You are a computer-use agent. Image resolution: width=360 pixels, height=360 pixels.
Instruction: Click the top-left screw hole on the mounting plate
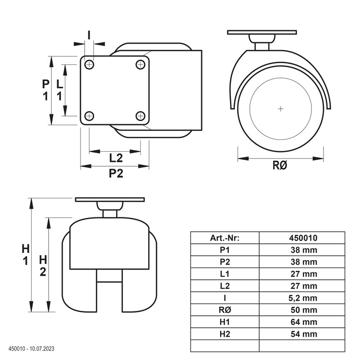coord(89,65)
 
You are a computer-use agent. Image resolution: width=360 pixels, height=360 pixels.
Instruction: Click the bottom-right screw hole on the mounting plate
coord(140,116)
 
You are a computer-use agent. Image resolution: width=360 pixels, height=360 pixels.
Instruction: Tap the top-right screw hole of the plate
coord(140,65)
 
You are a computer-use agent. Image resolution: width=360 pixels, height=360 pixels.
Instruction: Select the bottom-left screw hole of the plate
coord(89,116)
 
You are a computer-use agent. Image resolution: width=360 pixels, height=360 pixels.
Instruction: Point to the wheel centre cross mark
coord(280,108)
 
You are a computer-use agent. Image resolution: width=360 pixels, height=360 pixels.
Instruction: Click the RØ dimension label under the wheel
coord(280,165)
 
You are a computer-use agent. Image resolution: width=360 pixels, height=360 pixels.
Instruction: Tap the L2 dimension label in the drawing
coord(116,158)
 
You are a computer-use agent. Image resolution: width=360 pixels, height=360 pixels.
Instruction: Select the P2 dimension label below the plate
coord(116,173)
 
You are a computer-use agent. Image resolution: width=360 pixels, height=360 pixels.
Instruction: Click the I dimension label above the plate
coord(89,35)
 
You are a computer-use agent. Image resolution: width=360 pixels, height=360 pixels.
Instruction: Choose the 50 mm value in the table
coord(304,310)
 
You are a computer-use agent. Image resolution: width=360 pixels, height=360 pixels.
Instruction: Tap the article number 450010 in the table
coord(303,238)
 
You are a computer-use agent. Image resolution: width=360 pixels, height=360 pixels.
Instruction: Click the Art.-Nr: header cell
coord(225,238)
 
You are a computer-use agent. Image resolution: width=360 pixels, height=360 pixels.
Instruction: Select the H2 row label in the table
coord(225,334)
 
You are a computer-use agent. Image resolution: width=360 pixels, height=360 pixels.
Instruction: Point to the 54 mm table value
coord(304,334)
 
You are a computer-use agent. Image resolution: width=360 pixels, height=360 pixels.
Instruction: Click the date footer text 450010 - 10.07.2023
coord(31,349)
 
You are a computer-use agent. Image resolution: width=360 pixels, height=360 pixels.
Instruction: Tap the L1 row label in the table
coord(225,274)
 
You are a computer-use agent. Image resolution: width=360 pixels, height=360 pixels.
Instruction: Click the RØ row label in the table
coord(225,310)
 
